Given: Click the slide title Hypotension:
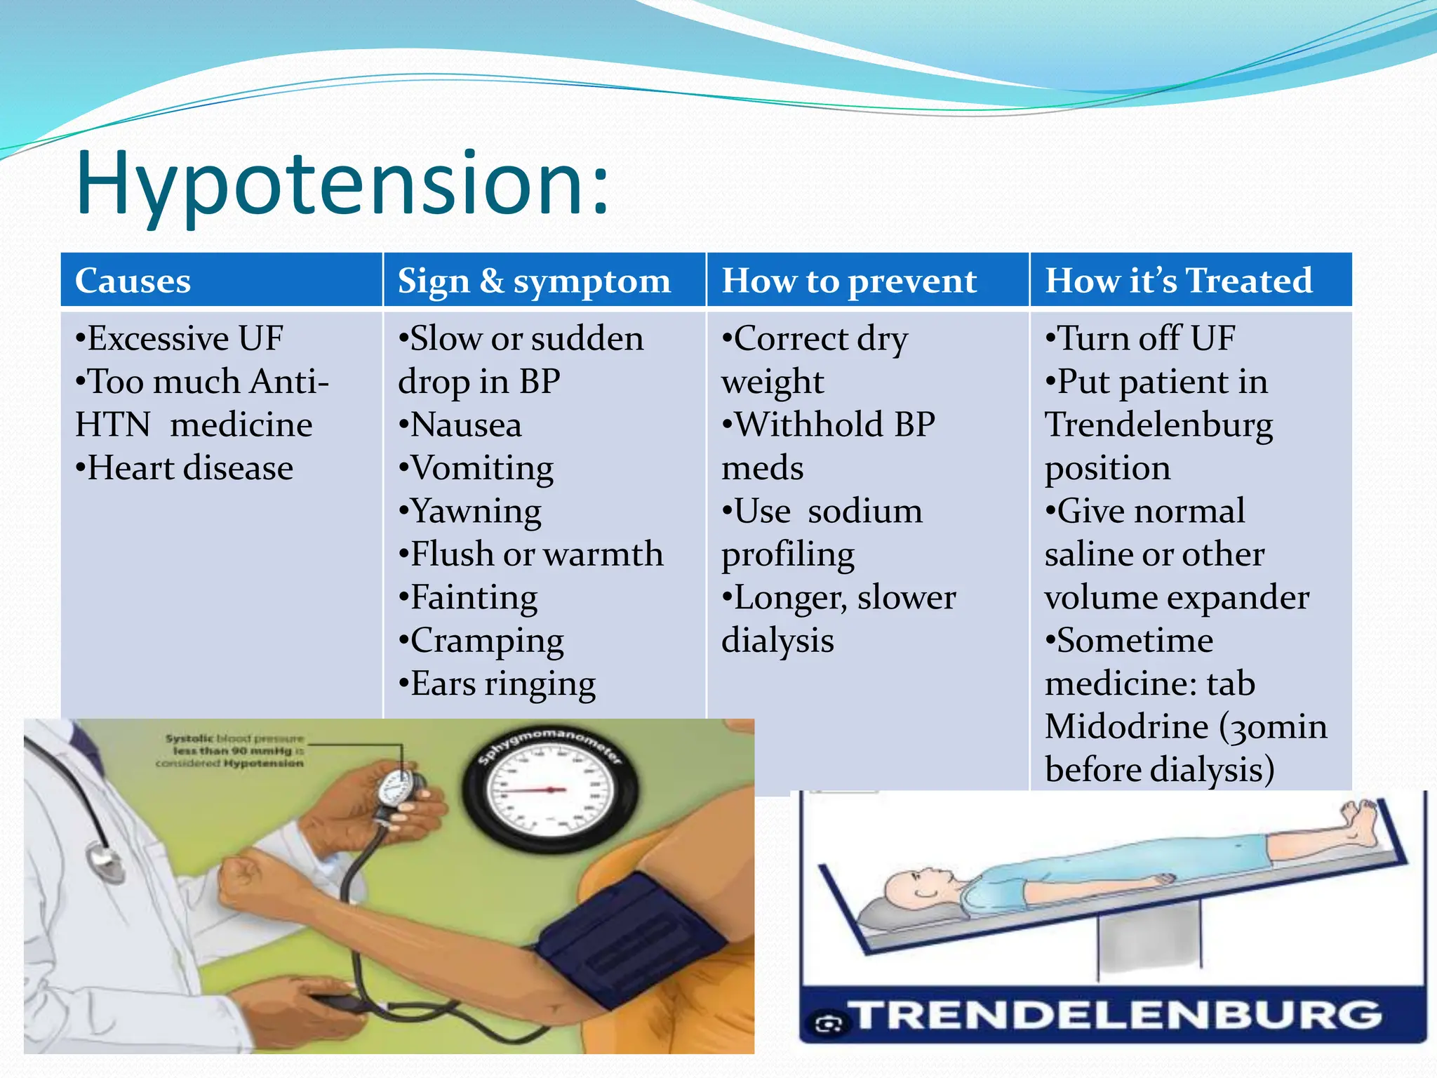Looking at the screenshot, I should point(342,184).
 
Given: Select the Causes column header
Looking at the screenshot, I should point(133,281).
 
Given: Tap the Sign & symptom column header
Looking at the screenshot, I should point(534,281).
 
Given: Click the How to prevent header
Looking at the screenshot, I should point(849,281).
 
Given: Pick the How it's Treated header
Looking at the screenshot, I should point(1179,281).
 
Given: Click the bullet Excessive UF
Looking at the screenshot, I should point(180,339).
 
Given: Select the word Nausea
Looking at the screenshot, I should point(466,425).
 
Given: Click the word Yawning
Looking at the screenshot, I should point(476,512).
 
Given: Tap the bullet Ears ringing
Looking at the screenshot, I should point(497,684).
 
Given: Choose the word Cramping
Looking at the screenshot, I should point(486,641).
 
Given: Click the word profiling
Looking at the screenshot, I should point(788,555).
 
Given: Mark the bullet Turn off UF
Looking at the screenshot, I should point(1140,339).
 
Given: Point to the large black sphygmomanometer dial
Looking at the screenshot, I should point(551,790).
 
